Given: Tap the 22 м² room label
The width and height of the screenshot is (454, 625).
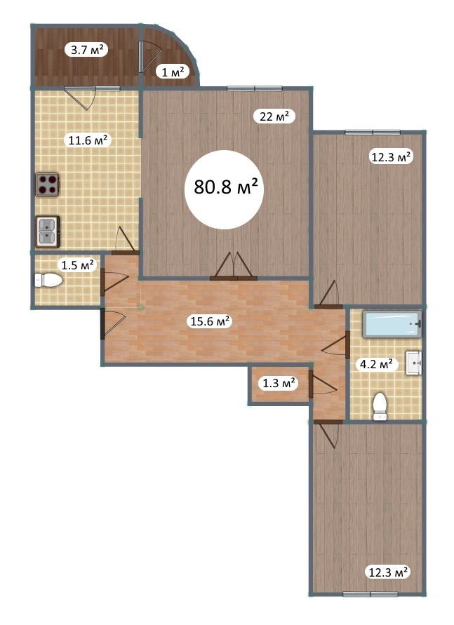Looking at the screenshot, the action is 274,116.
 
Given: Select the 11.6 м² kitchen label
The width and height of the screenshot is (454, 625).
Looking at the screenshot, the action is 87,140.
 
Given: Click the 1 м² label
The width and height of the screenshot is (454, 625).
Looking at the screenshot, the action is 173,72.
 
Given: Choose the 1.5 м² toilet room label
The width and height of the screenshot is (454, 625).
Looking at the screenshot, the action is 77,264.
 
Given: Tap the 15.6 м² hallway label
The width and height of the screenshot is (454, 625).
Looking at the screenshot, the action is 211,321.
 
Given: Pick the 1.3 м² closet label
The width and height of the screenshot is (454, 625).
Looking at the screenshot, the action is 279,384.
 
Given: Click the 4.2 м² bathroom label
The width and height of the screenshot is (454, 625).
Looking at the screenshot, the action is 376,364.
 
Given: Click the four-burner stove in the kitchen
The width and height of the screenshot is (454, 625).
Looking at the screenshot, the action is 48,184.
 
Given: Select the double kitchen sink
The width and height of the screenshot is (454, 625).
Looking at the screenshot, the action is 48,231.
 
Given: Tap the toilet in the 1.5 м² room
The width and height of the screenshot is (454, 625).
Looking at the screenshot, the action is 48,280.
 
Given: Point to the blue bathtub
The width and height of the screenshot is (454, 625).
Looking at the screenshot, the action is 392,324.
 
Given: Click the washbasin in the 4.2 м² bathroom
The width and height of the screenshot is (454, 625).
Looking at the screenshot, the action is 414,363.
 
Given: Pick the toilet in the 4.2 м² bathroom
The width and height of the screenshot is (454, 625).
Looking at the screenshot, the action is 380,406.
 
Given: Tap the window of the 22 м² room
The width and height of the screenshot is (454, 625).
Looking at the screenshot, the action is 254,88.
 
